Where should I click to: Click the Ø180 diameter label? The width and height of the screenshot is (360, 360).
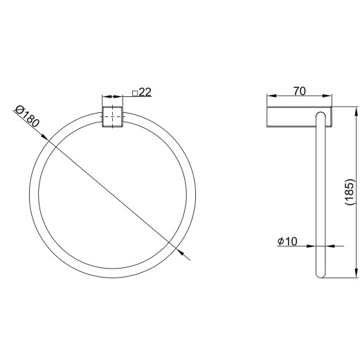[x=27, y=117]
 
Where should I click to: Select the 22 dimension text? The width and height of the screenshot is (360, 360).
[x=145, y=92]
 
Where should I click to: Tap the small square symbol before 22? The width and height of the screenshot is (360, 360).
[x=135, y=93]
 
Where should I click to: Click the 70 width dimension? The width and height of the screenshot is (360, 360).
[x=300, y=91]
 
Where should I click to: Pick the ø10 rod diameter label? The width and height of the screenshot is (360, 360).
[x=287, y=242]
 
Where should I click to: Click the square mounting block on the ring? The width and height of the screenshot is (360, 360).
[x=112, y=117]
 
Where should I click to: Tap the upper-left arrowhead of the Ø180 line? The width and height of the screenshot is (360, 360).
[x=44, y=137]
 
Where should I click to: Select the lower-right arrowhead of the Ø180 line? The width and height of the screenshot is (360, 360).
[x=179, y=251]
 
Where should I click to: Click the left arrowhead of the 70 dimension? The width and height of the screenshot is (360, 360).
[x=271, y=96]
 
